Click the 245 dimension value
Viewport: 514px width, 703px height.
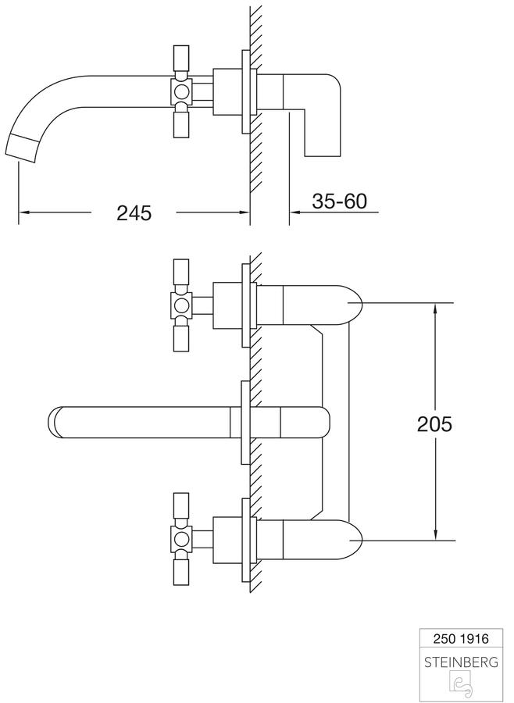point(134,212)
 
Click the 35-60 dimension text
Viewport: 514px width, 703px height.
point(340,201)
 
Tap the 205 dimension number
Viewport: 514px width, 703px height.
point(434,423)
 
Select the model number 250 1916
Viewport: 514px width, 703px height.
point(461,638)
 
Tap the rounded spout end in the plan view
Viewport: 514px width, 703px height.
point(54,422)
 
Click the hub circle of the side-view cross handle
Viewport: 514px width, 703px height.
point(182,92)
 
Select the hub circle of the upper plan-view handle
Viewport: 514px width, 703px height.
point(182,305)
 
